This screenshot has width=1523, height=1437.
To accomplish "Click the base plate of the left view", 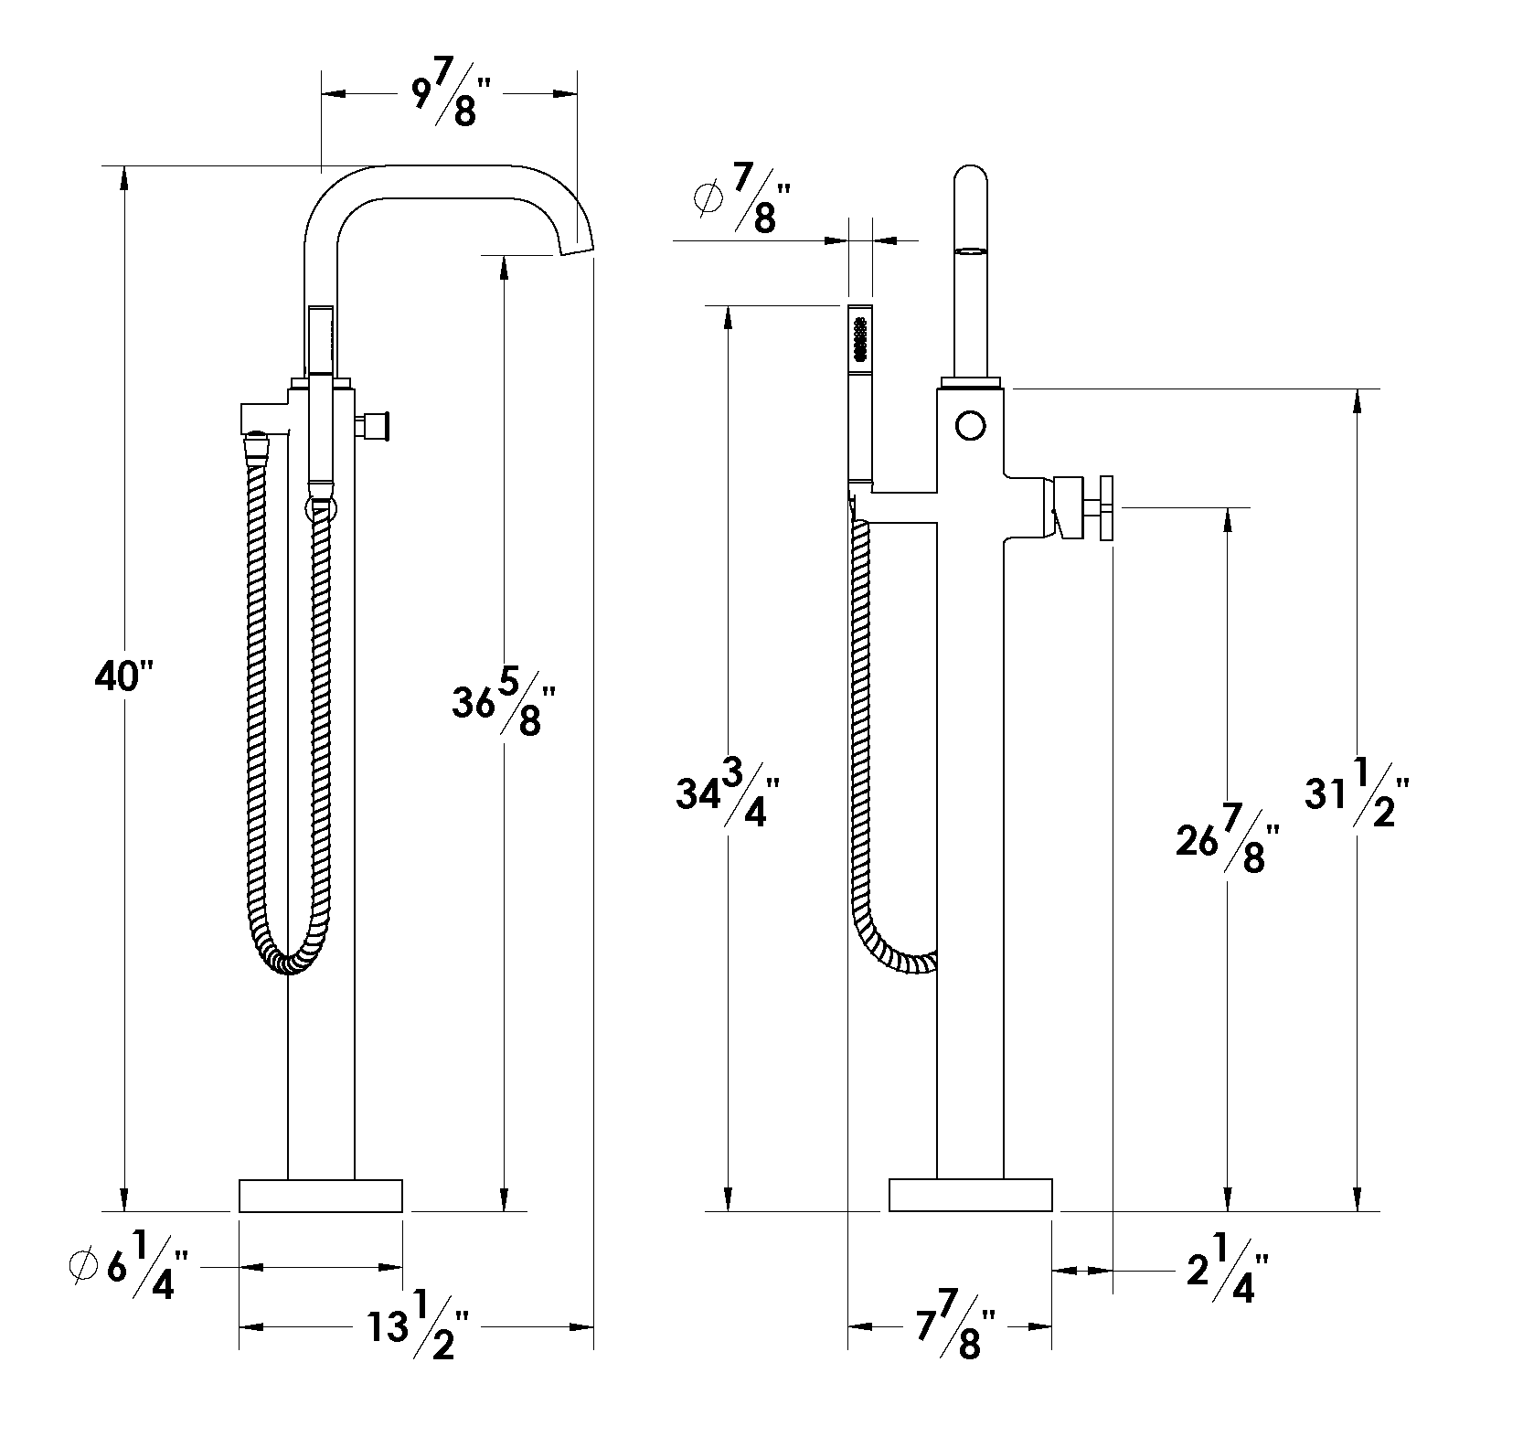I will pyautogui.click(x=321, y=1196).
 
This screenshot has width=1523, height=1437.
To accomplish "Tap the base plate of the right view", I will pyautogui.click(x=971, y=1196).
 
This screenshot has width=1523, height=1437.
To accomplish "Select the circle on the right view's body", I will pyautogui.click(x=971, y=425).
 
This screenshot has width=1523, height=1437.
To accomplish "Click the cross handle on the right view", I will pyautogui.click(x=1107, y=507).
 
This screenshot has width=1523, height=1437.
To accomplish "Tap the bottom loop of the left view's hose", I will pyautogui.click(x=290, y=962).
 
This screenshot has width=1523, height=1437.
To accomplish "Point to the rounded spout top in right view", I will pyautogui.click(x=971, y=181).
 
